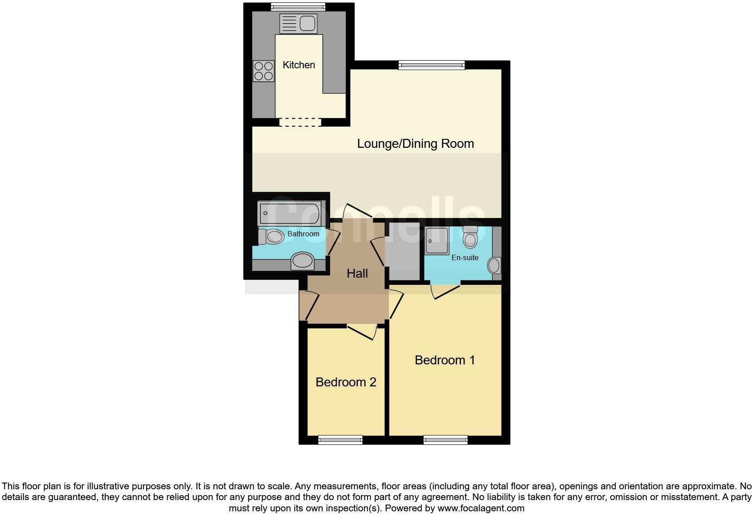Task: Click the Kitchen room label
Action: tap(299, 65)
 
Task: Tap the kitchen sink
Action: tap(298, 23)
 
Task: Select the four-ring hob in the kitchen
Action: tap(264, 71)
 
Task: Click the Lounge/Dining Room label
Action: tap(415, 144)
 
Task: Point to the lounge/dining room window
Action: tap(431, 65)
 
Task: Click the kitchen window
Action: tap(298, 6)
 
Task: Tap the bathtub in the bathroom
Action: tap(289, 213)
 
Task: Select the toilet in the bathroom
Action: tap(271, 236)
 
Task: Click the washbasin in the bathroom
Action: tap(302, 261)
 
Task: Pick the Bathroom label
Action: tap(303, 234)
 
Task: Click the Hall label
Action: tap(357, 273)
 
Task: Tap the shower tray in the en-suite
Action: tap(436, 241)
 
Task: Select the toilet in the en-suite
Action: tap(470, 237)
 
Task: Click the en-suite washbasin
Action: tap(494, 266)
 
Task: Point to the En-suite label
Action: tap(465, 258)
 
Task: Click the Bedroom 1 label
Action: tap(444, 360)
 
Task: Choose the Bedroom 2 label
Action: tap(346, 382)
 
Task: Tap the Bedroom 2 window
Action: tap(340, 440)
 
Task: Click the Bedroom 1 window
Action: tap(445, 440)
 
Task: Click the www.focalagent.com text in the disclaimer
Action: tap(480, 509)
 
